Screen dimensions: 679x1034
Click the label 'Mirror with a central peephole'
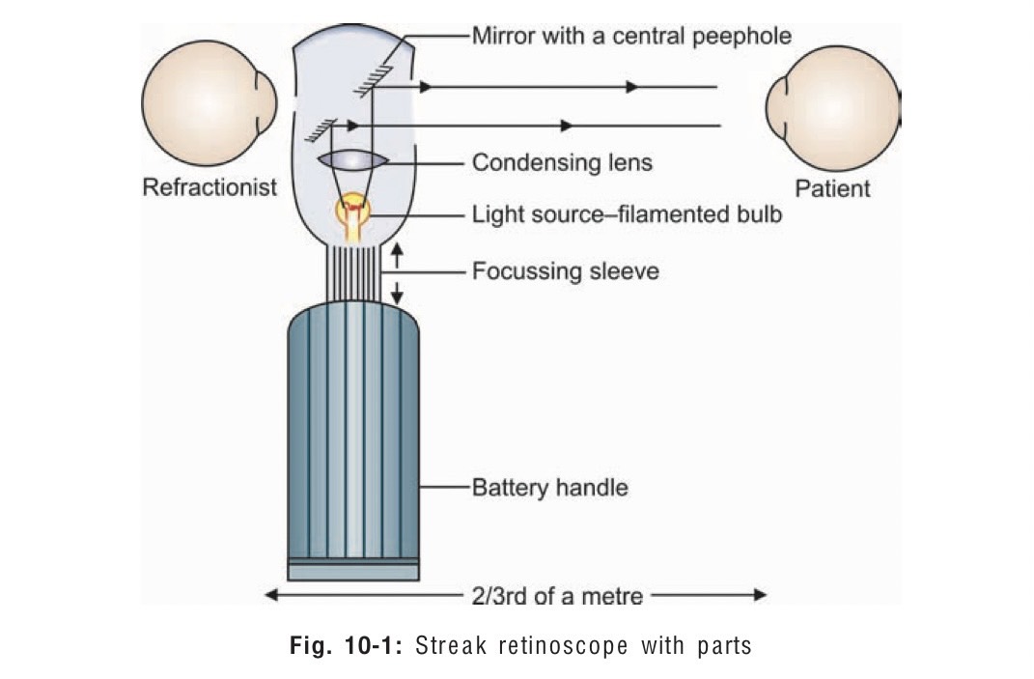pyautogui.click(x=631, y=37)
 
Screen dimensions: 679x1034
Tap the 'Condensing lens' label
pyautogui.click(x=562, y=162)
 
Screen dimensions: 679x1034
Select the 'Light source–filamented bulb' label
pyautogui.click(x=627, y=213)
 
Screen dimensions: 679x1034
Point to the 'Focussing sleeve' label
pyautogui.click(x=565, y=271)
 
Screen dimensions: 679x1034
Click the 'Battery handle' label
pyautogui.click(x=549, y=487)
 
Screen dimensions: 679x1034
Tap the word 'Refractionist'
pyautogui.click(x=210, y=186)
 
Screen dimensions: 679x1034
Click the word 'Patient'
pyautogui.click(x=832, y=187)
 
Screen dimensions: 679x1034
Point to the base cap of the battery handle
pyautogui.click(x=353, y=570)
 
